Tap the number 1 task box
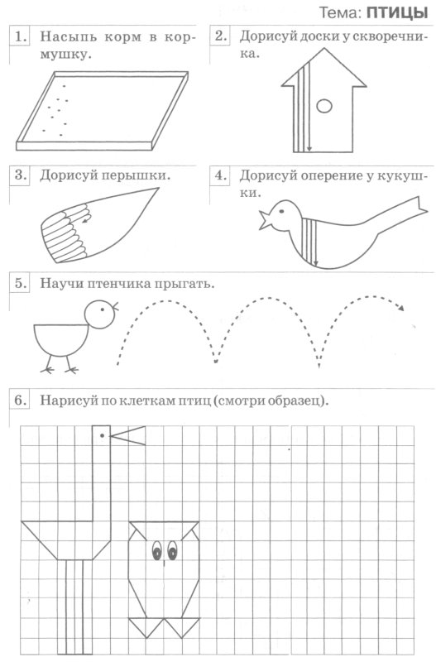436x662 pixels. pyautogui.click(x=21, y=36)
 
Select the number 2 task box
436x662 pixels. pyautogui.click(x=221, y=36)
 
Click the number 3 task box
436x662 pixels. pyautogui.click(x=21, y=175)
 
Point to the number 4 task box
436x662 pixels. pyautogui.click(x=221, y=175)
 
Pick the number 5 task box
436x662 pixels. pyautogui.click(x=21, y=283)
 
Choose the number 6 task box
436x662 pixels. pyautogui.click(x=21, y=401)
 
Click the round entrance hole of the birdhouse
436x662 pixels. pyautogui.click(x=325, y=104)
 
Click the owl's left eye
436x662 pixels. pyautogui.click(x=156, y=550)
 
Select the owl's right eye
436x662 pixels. pyautogui.click(x=173, y=550)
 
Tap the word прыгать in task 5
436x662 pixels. pyautogui.click(x=184, y=284)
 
